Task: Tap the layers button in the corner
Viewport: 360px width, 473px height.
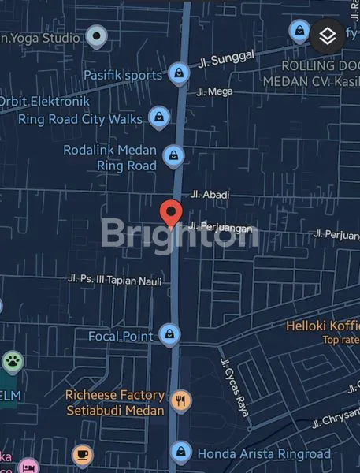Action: [328, 35]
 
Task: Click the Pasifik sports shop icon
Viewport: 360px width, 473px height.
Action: [179, 74]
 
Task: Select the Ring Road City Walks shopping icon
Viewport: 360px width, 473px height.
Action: [160, 118]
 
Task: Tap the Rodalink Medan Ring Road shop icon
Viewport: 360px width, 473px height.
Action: [171, 156]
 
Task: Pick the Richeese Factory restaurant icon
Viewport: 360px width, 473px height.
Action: [182, 400]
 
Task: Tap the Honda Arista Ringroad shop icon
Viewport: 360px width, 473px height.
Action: [182, 452]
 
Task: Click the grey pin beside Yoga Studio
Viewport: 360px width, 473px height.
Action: [96, 35]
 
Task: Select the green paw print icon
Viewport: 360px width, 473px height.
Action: [13, 363]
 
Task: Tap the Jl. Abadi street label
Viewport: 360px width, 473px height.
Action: [210, 194]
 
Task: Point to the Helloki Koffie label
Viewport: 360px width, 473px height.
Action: [322, 326]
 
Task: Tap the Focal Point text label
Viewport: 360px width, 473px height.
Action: [121, 337]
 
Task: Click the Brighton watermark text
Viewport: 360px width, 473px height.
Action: [180, 234]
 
